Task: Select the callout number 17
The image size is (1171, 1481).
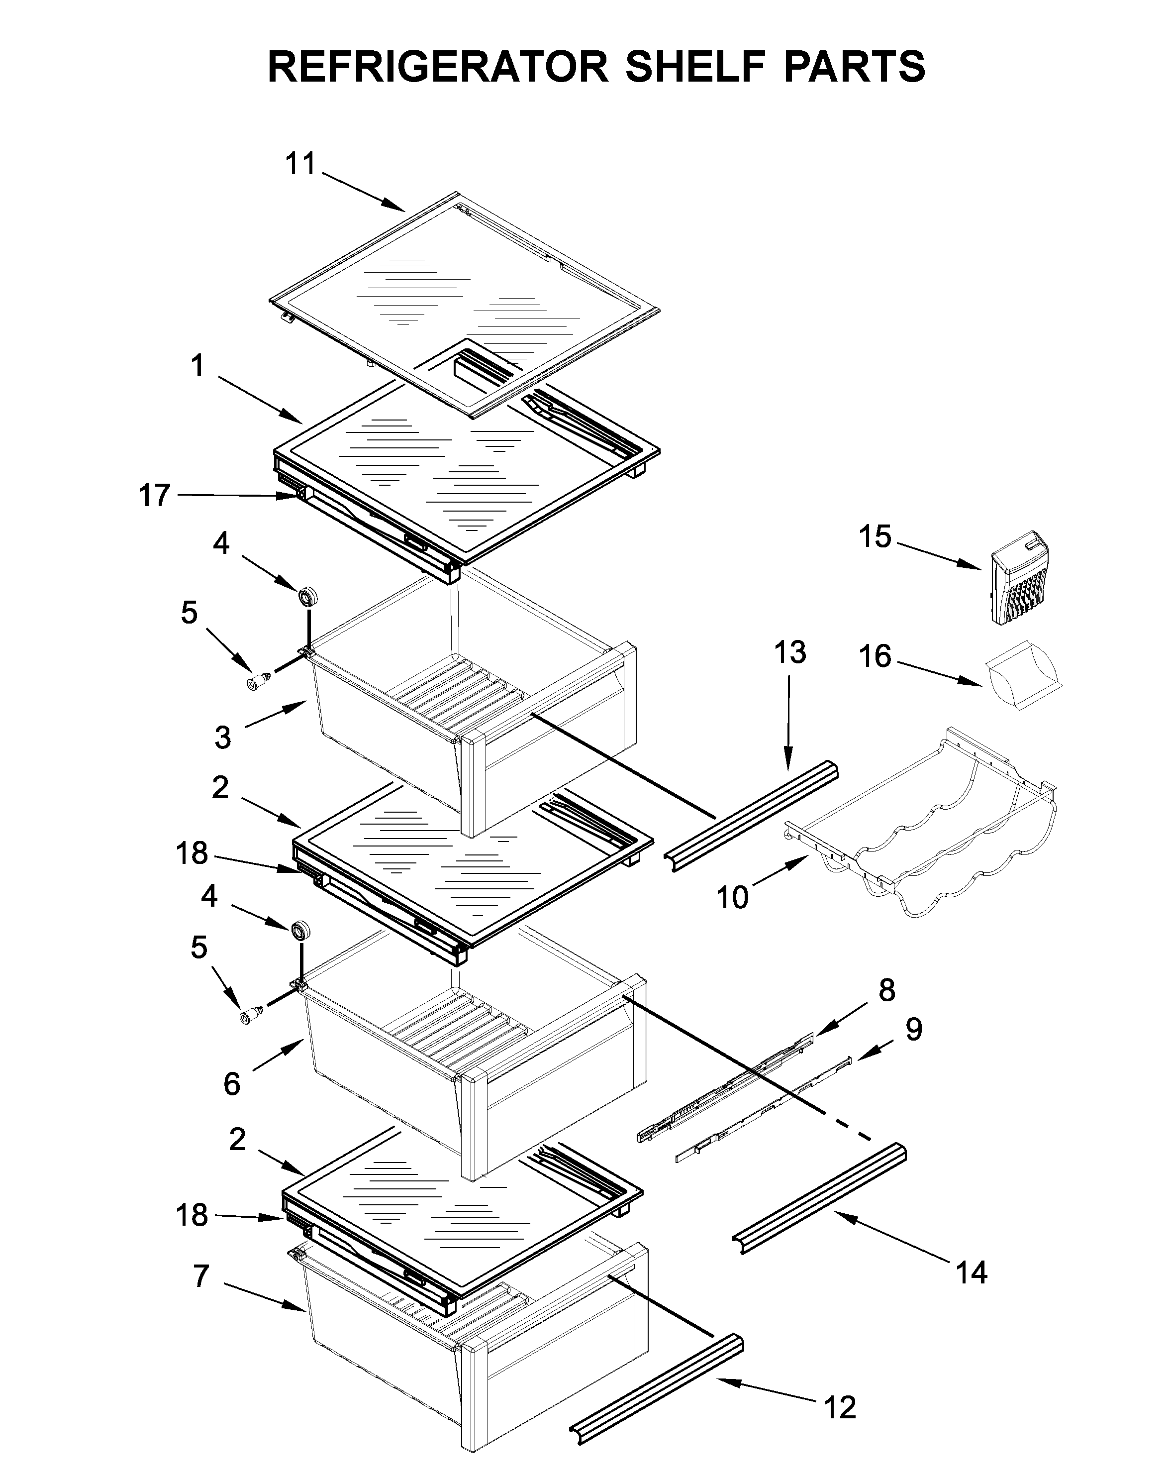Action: coord(154,495)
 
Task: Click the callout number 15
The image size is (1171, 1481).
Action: coord(875,536)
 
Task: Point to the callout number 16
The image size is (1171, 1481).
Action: coord(875,656)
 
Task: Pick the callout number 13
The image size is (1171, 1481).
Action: coord(790,652)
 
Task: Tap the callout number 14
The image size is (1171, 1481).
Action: coord(972,1272)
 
